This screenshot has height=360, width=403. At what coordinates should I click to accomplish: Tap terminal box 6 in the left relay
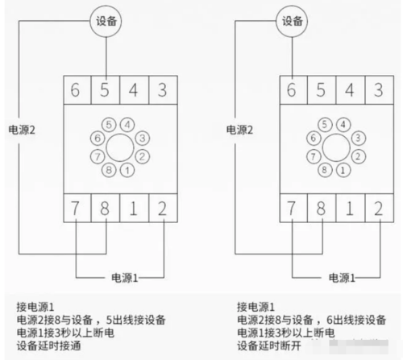tap(77, 89)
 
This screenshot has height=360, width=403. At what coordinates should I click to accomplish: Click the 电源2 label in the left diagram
tap(23, 129)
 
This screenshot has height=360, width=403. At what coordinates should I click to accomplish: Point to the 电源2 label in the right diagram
tap(239, 129)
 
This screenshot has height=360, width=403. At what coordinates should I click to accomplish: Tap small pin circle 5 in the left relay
tap(109, 126)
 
